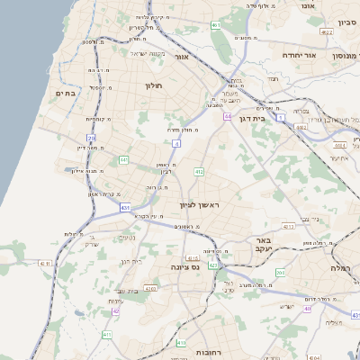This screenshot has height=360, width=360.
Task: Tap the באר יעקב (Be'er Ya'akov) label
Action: [263, 246]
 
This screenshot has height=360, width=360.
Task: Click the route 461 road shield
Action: [216, 26]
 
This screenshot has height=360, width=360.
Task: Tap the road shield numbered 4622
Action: [326, 32]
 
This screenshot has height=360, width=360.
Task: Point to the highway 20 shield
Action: [91, 138]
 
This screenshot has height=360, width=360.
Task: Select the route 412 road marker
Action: [198, 171]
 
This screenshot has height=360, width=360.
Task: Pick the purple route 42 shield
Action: [116, 310]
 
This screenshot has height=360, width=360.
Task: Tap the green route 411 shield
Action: [107, 334]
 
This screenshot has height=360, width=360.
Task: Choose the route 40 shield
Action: [307, 309]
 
